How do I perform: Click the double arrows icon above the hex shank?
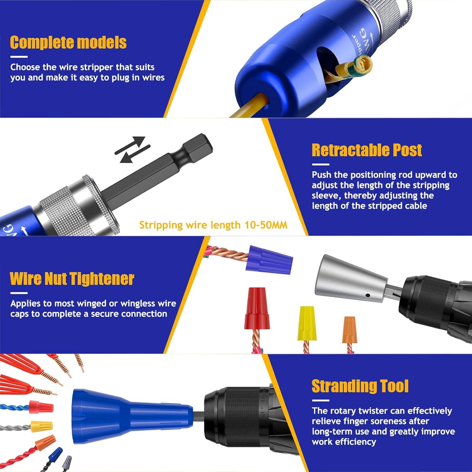[x=132, y=149]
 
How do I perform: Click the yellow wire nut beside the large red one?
[x=307, y=324]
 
